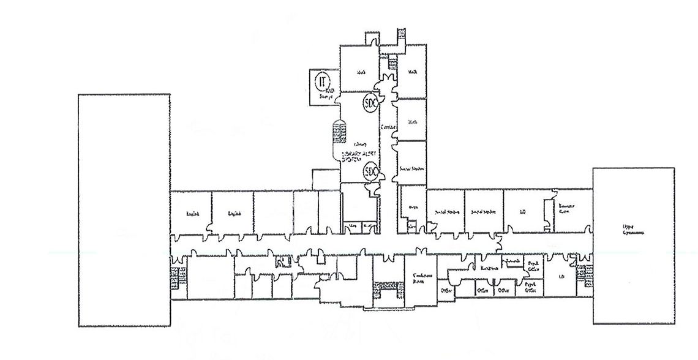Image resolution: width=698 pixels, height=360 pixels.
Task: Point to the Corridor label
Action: pyautogui.click(x=388, y=127)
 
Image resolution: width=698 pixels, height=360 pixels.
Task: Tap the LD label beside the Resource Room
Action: pyautogui.click(x=523, y=212)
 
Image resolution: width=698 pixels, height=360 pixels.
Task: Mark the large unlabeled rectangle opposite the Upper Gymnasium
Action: pyautogui.click(x=124, y=210)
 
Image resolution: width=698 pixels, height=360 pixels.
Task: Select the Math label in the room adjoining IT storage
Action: pyautogui.click(x=361, y=73)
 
